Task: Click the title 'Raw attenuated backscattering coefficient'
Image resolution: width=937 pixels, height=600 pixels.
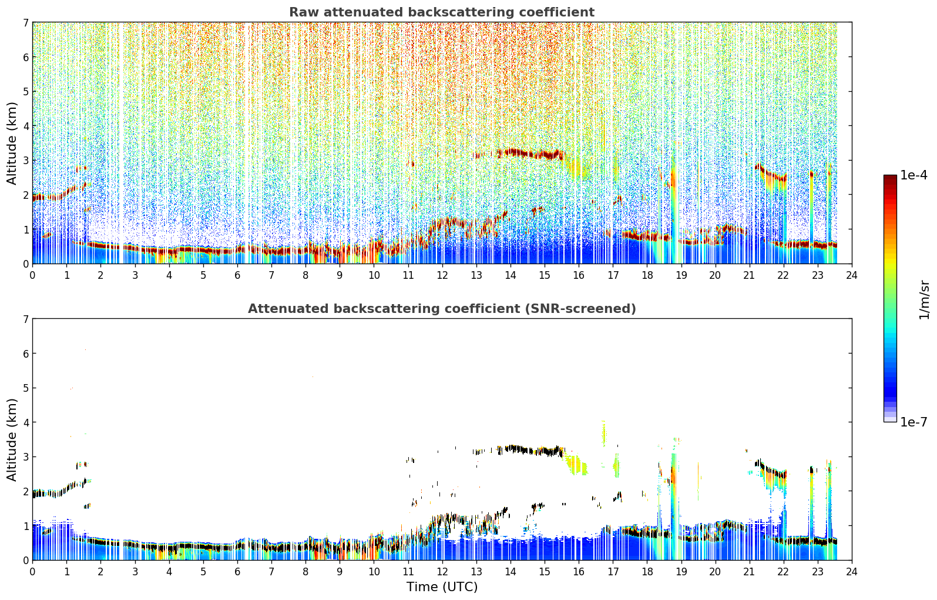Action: point(442,12)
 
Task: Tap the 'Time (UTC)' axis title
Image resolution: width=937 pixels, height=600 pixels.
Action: point(442,586)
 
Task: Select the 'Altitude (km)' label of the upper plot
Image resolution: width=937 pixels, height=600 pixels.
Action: point(12,144)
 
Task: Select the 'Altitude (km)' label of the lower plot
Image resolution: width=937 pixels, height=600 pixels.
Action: point(12,439)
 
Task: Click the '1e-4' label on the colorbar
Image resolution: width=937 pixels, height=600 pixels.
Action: point(914,175)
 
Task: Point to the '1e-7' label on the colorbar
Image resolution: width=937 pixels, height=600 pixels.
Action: point(914,422)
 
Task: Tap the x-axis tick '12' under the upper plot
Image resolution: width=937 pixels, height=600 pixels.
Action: point(442,275)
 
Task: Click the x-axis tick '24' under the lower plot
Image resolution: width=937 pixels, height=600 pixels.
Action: point(852,572)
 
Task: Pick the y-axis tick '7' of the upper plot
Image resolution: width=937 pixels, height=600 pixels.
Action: point(26,22)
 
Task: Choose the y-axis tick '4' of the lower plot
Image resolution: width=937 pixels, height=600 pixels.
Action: point(26,422)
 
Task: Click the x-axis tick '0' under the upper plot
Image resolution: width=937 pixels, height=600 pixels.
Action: point(33,275)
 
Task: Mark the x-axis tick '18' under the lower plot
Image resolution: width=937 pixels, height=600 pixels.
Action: point(647,572)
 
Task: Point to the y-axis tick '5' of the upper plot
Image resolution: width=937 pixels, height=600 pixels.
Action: point(26,91)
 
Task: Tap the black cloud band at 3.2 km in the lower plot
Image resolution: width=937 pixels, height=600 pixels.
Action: point(519,450)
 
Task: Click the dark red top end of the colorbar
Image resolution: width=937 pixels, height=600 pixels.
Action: point(890,177)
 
